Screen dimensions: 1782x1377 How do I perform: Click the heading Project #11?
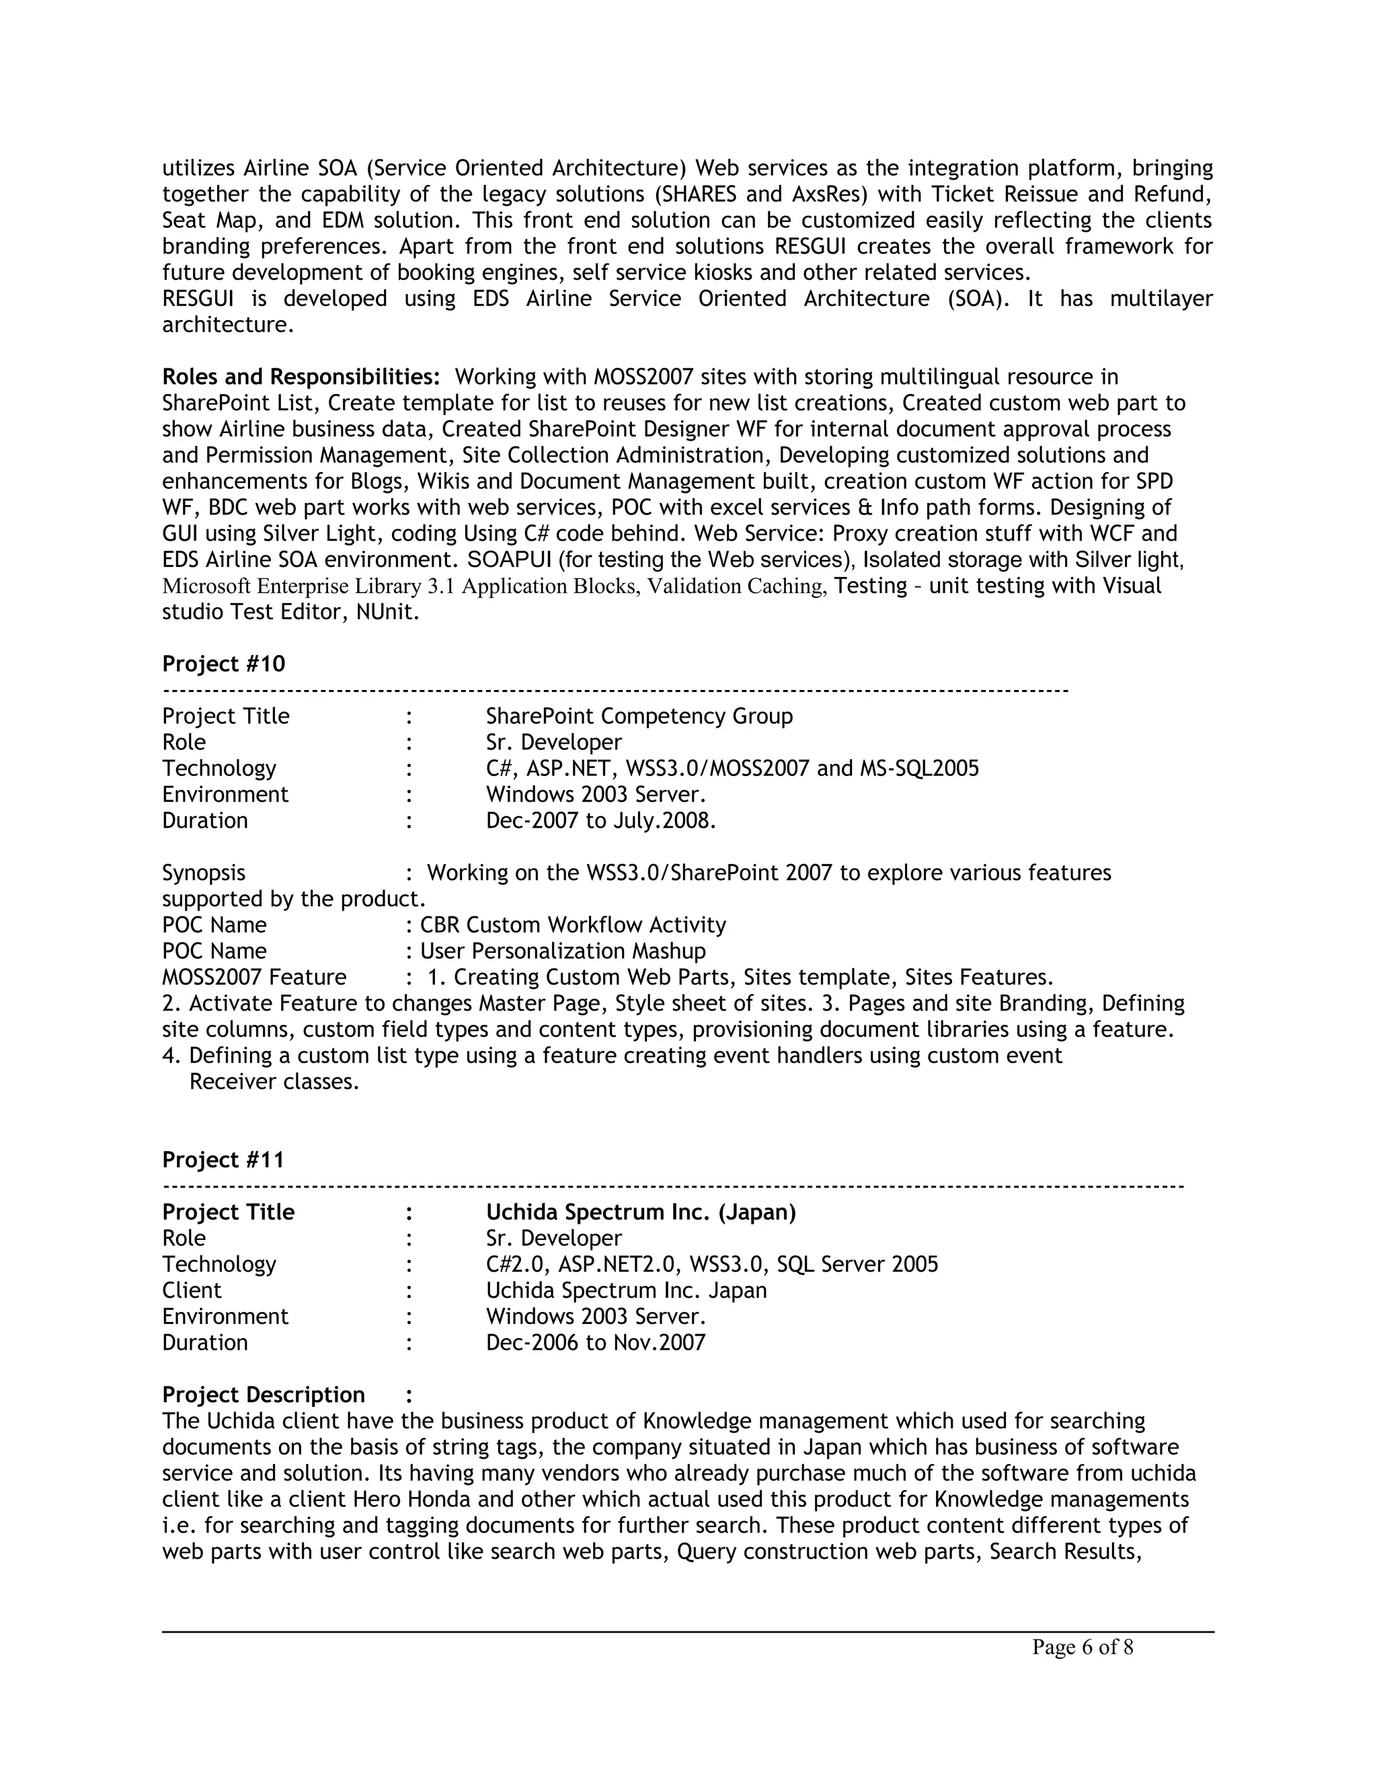223,1160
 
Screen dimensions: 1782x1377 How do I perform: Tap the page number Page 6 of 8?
1083,1648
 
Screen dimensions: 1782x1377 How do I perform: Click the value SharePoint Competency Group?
639,716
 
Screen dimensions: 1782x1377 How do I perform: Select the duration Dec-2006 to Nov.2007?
596,1343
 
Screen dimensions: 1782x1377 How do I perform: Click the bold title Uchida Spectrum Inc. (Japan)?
640,1212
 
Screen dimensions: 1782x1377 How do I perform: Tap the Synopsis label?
204,873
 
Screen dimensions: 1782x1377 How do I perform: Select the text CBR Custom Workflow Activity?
573,925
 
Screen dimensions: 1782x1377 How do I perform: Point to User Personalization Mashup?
563,952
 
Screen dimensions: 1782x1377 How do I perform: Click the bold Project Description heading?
264,1395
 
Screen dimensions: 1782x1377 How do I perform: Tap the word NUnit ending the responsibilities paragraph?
386,612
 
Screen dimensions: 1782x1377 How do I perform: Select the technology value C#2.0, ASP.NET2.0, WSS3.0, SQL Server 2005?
712,1265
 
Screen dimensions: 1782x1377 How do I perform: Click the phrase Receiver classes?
274,1082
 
